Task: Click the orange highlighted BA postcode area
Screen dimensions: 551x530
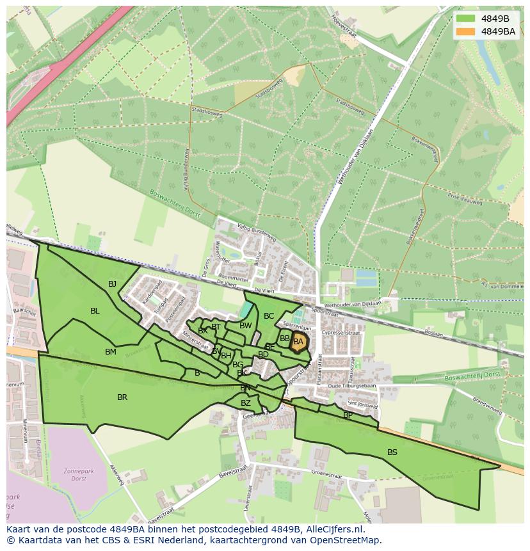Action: pyautogui.click(x=298, y=342)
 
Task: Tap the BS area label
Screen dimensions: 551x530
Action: pyautogui.click(x=392, y=452)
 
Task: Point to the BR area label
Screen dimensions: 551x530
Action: pyautogui.click(x=122, y=397)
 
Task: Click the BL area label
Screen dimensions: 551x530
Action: pyautogui.click(x=95, y=311)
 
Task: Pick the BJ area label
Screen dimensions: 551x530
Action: pyautogui.click(x=113, y=284)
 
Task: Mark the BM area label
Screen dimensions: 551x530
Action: pyautogui.click(x=111, y=352)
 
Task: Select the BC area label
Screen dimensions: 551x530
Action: pyautogui.click(x=269, y=316)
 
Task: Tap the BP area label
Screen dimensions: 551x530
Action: pyautogui.click(x=348, y=415)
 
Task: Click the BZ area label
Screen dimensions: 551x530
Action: pyautogui.click(x=246, y=403)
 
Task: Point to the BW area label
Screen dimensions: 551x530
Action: pyautogui.click(x=245, y=326)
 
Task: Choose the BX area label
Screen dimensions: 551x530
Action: pyautogui.click(x=202, y=331)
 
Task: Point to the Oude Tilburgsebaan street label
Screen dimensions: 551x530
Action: pyautogui.click(x=351, y=386)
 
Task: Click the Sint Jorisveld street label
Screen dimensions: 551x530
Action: pyautogui.click(x=362, y=404)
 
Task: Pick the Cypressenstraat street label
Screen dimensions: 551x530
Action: pyautogui.click(x=342, y=333)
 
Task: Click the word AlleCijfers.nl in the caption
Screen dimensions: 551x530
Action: pyautogui.click(x=332, y=529)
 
